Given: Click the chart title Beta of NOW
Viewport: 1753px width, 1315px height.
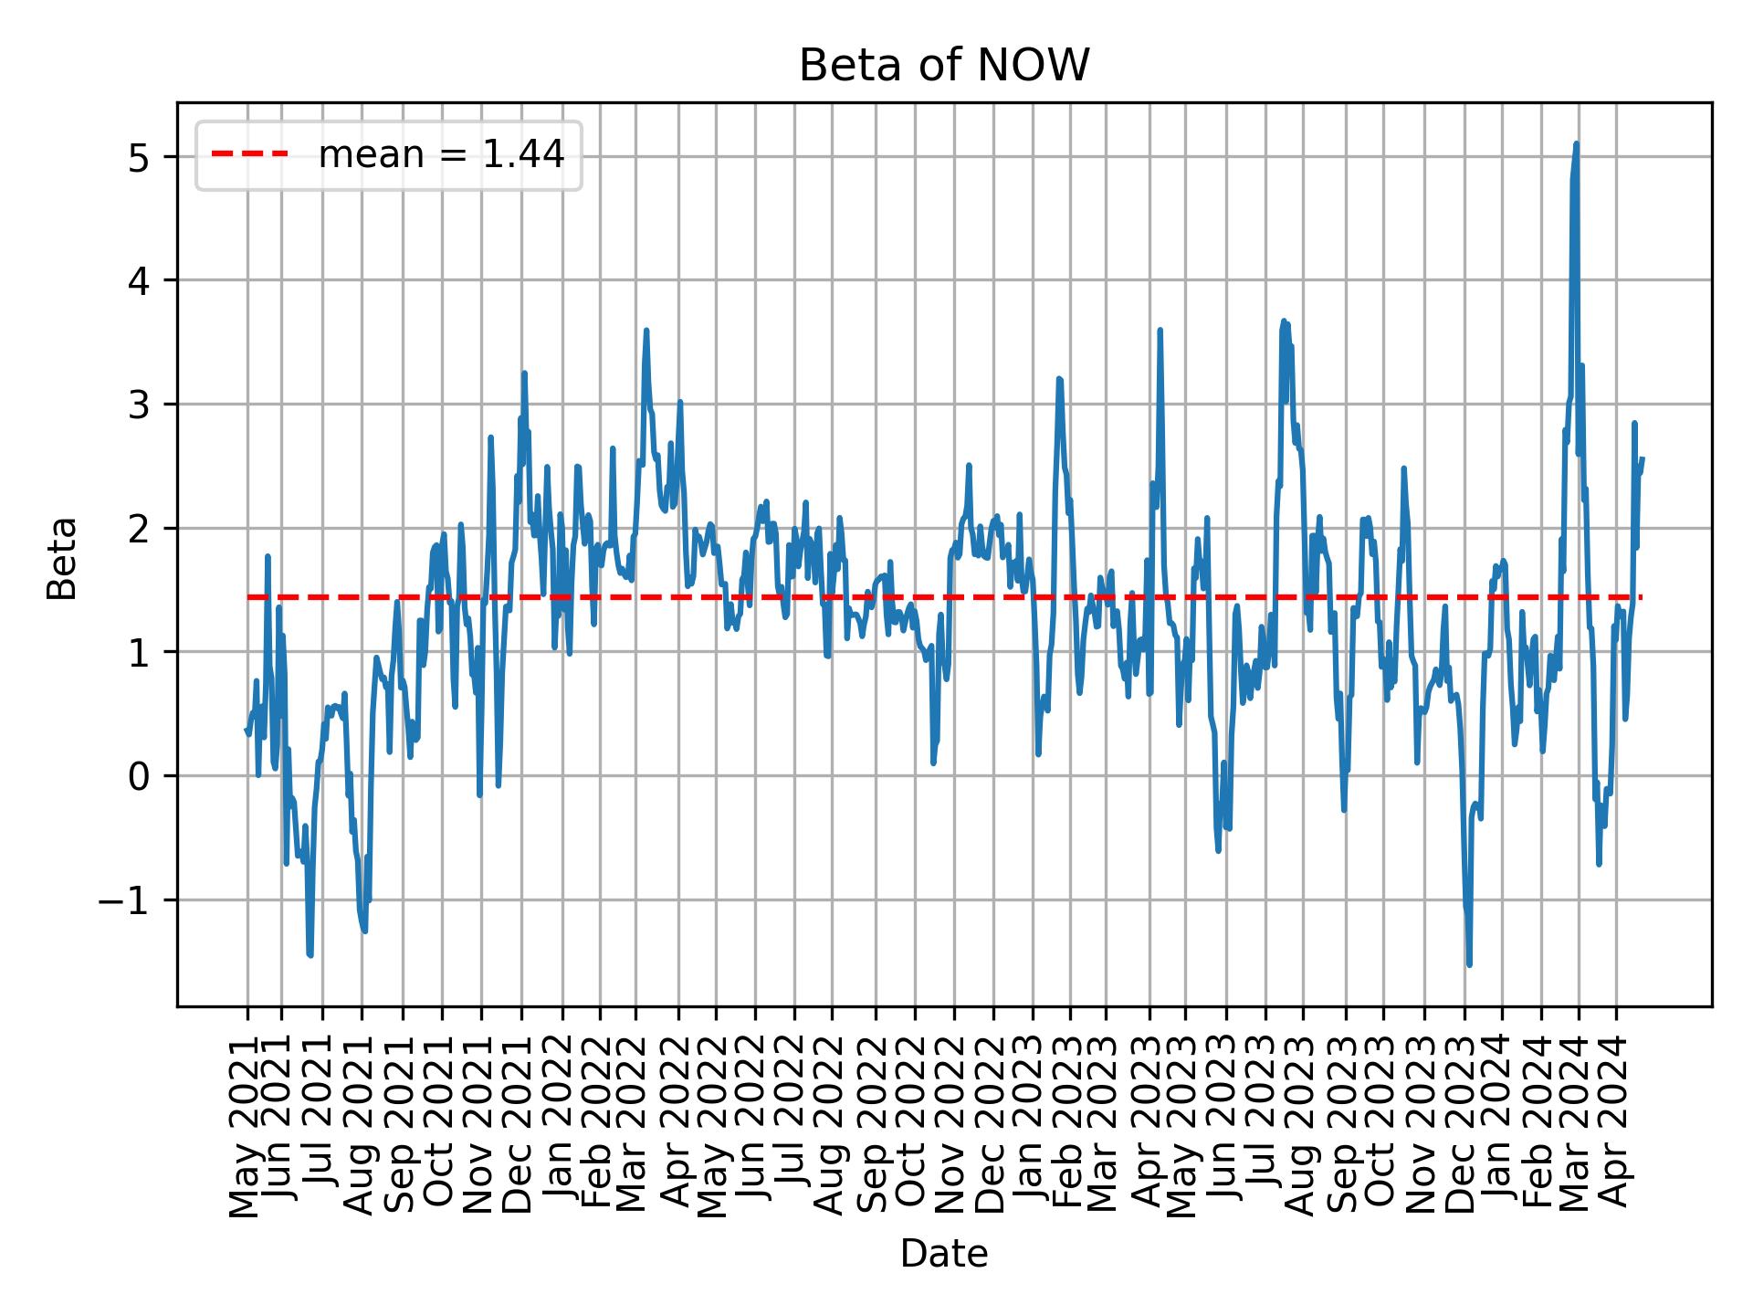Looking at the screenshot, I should pos(944,66).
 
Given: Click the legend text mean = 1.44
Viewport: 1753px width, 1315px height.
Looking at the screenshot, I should pos(441,155).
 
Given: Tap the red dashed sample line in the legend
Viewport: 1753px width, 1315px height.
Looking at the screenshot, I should pos(249,155).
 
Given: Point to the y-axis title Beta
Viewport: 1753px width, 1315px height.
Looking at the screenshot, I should pos(62,558).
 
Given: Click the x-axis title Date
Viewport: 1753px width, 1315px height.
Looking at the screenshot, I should pos(944,1254).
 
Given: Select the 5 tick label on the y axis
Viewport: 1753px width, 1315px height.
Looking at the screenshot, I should pos(138,157).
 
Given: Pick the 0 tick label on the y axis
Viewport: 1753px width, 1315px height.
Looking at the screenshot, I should pos(138,776).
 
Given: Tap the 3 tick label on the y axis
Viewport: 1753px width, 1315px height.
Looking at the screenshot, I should pos(138,405).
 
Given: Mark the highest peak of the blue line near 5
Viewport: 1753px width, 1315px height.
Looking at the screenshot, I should pos(1576,143).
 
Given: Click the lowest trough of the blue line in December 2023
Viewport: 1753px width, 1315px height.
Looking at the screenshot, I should pos(1469,964).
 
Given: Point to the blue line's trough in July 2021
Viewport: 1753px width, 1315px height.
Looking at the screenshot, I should pos(310,955).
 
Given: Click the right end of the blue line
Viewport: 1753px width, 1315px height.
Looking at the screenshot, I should pos(1643,458).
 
